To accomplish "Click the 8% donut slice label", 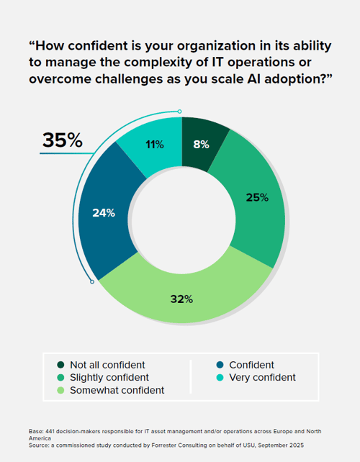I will click(201, 144).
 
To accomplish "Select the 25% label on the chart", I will click(256, 197).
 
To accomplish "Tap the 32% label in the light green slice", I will click(181, 299).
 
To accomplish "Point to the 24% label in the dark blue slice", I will click(103, 213).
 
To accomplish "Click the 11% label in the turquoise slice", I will click(153, 144).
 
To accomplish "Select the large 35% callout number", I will click(63, 140).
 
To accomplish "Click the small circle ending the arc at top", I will click(179, 112).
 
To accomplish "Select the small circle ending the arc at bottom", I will click(92, 282).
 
